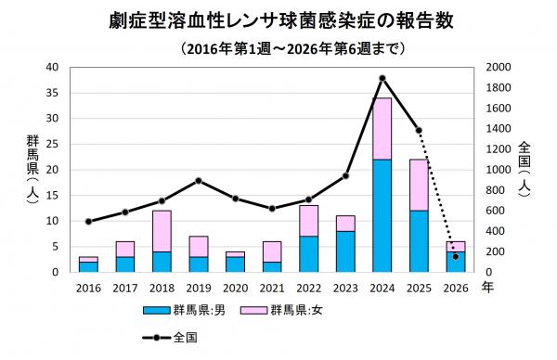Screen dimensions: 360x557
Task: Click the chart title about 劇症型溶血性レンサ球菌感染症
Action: pyautogui.click(x=278, y=19)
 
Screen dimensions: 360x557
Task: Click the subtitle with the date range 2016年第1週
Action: pyautogui.click(x=278, y=47)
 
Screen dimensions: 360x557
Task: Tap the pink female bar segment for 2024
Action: pyautogui.click(x=382, y=129)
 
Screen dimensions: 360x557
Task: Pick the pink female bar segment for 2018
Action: pyautogui.click(x=161, y=231)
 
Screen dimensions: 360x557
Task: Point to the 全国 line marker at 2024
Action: pyautogui.click(x=382, y=78)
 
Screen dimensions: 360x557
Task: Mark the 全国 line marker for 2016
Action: pyautogui.click(x=88, y=222)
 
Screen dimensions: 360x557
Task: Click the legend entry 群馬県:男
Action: pyautogui.click(x=186, y=312)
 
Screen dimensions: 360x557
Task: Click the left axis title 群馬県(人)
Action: pyautogui.click(x=32, y=169)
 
